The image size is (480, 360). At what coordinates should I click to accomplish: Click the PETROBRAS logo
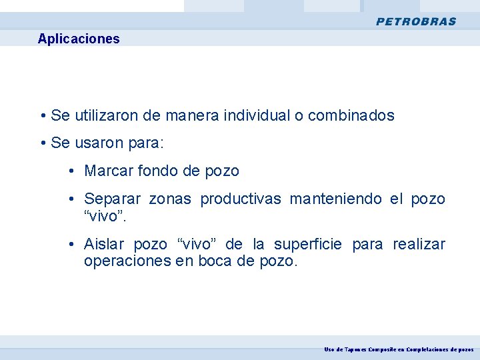coord(416,21)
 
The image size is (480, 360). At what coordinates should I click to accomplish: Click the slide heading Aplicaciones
coord(79,39)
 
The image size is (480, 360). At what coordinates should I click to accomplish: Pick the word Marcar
coord(108,171)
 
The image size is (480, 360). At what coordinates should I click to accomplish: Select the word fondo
coord(157,171)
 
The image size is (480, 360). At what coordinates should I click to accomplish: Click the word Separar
coord(112,199)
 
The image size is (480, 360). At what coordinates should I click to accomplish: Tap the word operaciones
coord(127,261)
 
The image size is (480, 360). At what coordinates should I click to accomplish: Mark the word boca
coord(215,261)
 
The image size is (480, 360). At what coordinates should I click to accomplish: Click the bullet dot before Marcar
coord(71,171)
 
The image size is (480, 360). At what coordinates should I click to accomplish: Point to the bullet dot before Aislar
coord(71,245)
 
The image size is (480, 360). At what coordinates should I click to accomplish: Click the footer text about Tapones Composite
coord(399,349)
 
